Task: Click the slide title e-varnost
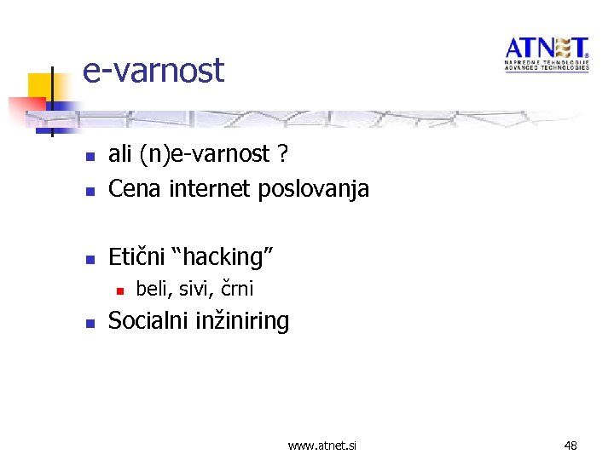(x=153, y=70)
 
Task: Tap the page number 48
(x=571, y=446)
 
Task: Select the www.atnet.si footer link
(x=322, y=446)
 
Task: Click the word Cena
(x=136, y=188)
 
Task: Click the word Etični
(x=136, y=256)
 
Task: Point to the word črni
(x=237, y=289)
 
